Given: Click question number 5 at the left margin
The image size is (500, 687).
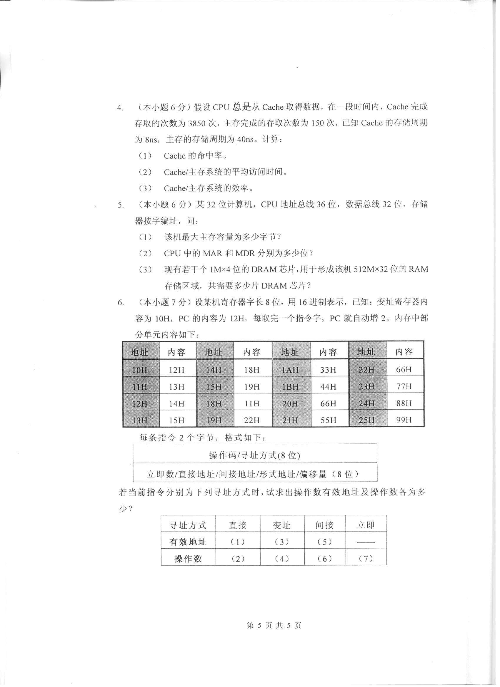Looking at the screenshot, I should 121,205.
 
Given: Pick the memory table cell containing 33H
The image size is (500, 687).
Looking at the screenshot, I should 328,370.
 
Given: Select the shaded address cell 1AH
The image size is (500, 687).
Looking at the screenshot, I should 290,370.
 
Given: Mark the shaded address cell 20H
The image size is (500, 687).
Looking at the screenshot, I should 290,403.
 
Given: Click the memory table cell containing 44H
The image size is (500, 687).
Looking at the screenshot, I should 328,387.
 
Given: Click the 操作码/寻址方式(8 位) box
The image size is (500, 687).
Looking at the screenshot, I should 255,455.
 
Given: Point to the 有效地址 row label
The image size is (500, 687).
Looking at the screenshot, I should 188,542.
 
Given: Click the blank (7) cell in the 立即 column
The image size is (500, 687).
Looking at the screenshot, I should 366,559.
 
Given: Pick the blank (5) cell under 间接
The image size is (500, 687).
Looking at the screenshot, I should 324,542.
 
